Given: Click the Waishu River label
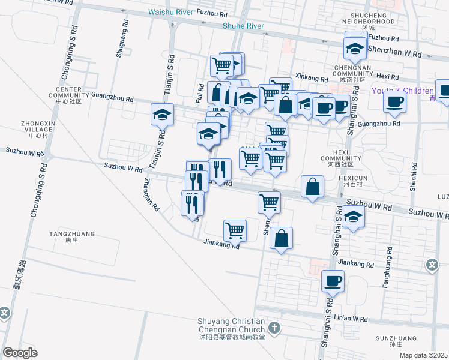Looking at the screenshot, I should [171, 13].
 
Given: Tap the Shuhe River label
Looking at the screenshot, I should [243, 26].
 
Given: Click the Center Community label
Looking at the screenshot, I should [68, 95].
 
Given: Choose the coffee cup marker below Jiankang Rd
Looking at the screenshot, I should [333, 280].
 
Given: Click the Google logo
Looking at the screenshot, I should [20, 352].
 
